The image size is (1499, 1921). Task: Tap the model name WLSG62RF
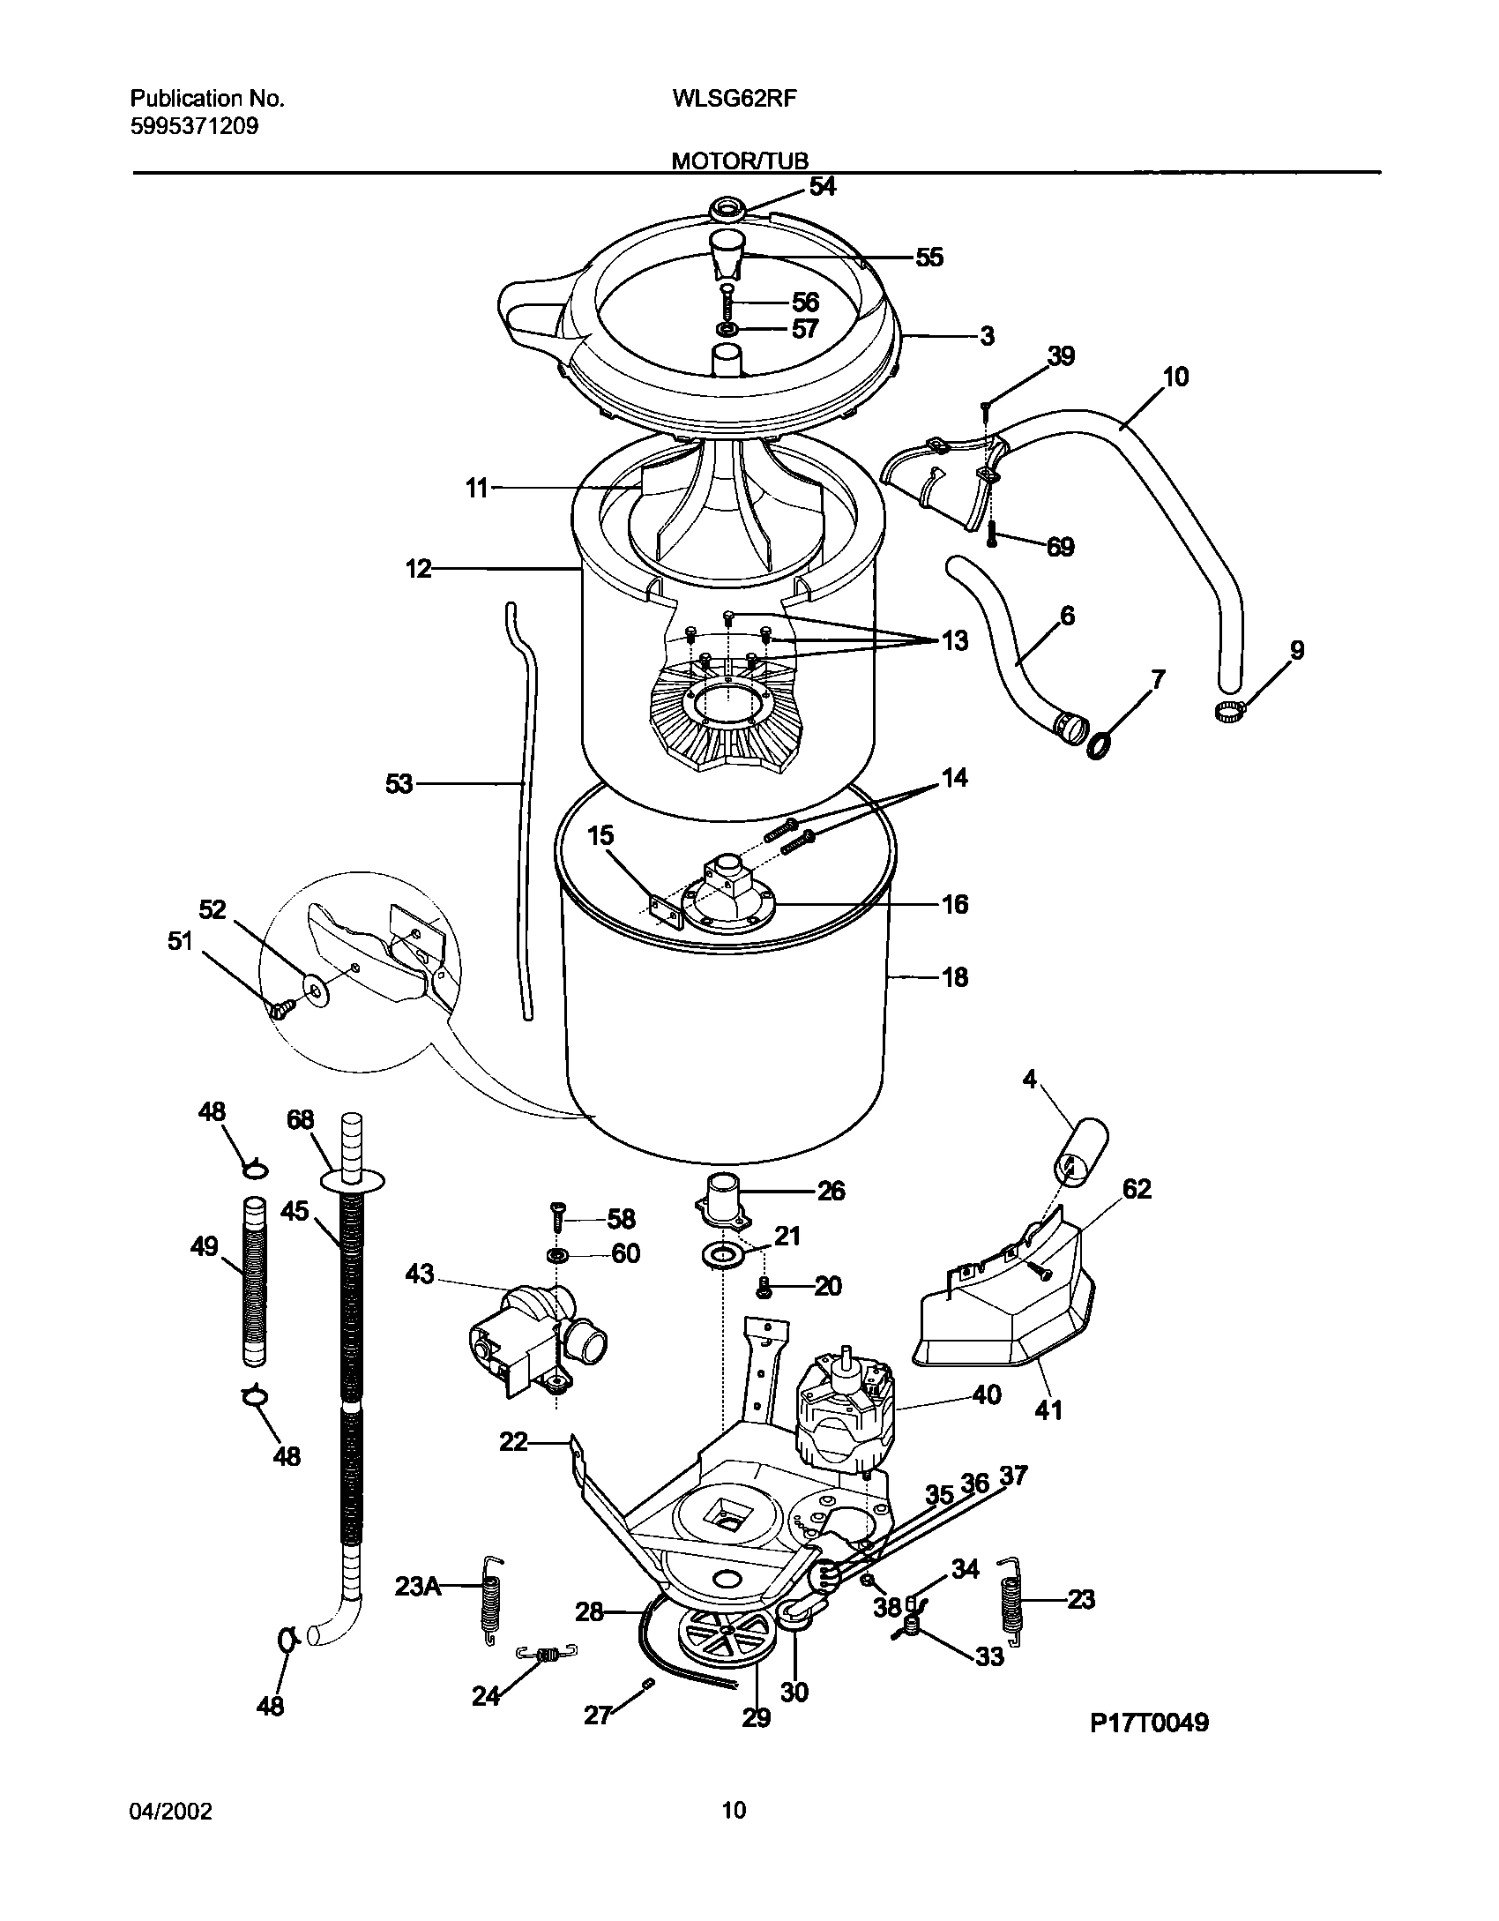(x=722, y=99)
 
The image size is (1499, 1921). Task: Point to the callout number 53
(x=399, y=783)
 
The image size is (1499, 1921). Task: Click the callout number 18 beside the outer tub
(x=954, y=977)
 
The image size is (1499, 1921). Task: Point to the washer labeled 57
(x=727, y=330)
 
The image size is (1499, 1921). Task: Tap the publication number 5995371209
(x=194, y=126)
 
